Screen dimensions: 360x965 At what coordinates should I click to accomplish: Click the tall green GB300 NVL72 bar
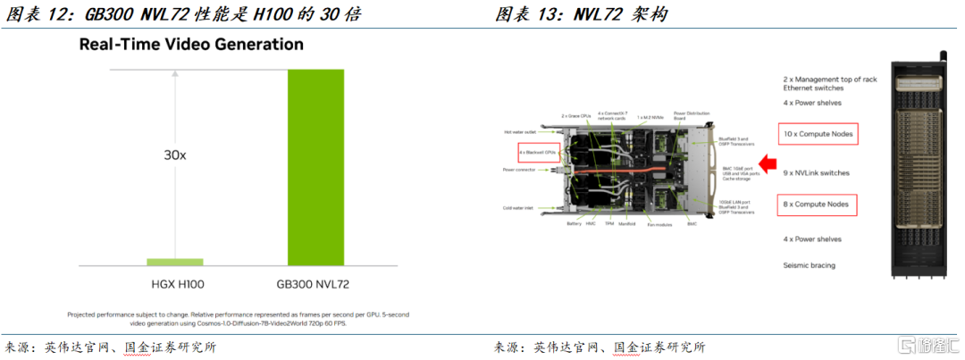click(x=315, y=167)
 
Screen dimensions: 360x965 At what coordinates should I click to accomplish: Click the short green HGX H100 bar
click(x=174, y=262)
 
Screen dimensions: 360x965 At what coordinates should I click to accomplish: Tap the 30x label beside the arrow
click(x=174, y=155)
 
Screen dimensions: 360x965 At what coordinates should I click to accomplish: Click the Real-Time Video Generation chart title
click(x=191, y=44)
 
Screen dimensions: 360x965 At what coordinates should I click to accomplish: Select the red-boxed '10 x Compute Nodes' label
click(x=818, y=136)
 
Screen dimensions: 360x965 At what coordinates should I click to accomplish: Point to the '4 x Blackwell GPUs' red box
click(x=538, y=153)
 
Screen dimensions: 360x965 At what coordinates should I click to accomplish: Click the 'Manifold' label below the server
click(x=626, y=224)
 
